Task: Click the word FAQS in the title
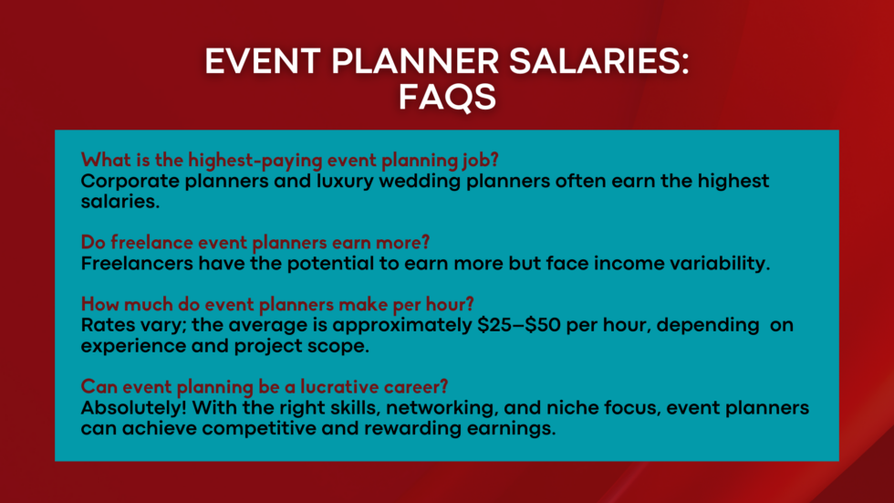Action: coord(447,97)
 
